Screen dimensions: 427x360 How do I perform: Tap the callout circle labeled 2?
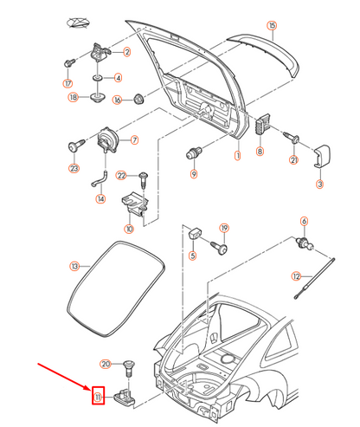pos(127,53)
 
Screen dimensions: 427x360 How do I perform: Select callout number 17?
pos(67,84)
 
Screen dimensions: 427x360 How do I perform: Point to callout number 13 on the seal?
pos(74,266)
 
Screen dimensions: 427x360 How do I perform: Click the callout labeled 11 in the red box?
pos(98,398)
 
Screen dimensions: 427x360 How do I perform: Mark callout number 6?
pos(304,221)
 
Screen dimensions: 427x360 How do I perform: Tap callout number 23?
pos(74,168)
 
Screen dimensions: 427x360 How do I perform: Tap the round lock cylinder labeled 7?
pos(110,139)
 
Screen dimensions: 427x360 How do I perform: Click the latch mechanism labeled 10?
pos(133,202)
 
